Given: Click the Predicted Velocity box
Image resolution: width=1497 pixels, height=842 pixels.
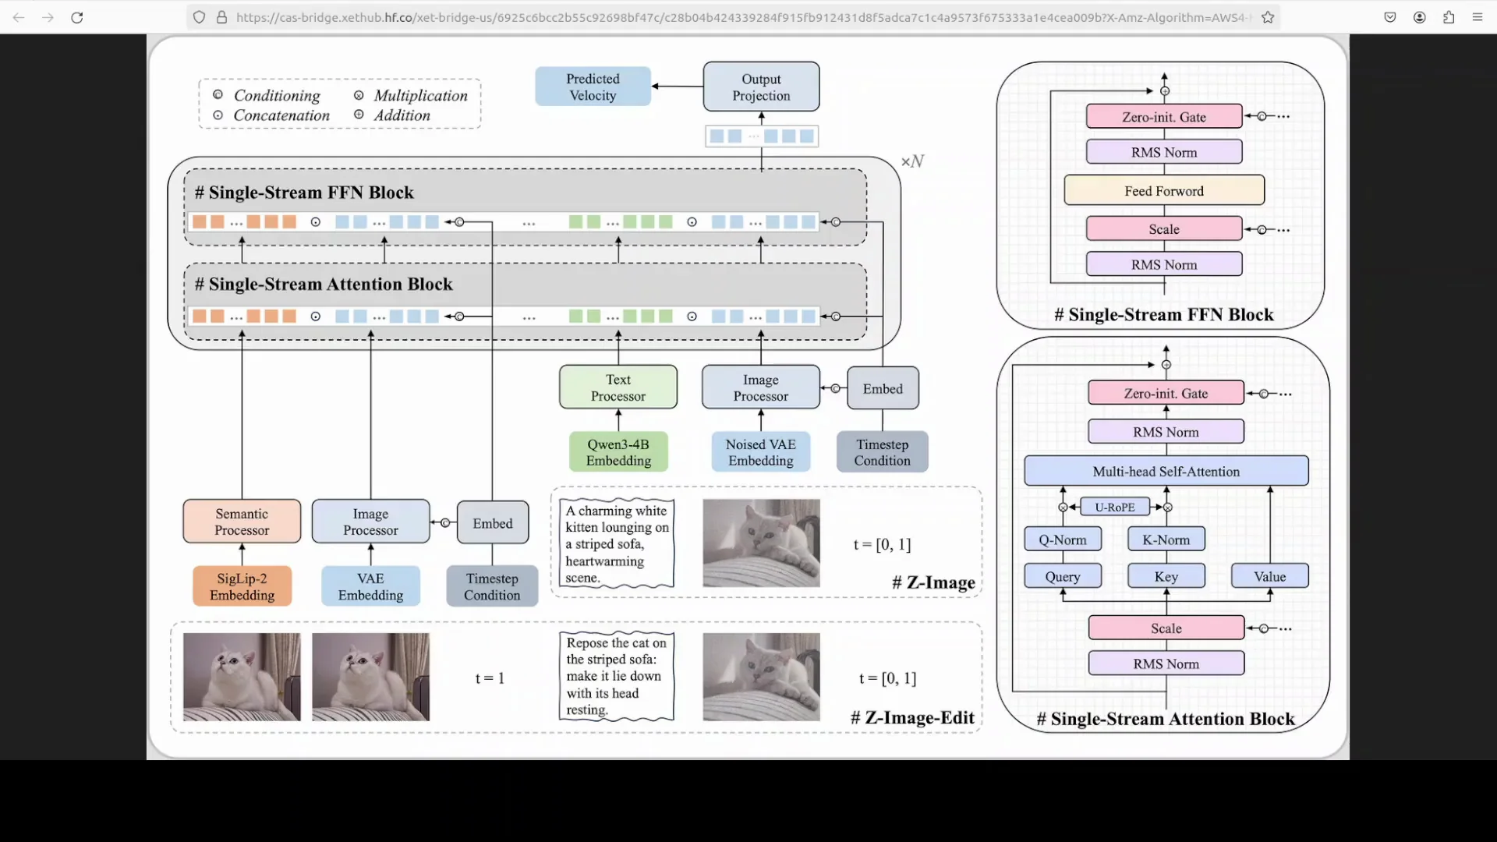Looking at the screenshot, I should [x=593, y=87].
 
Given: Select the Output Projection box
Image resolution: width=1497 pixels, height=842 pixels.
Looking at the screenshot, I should [x=761, y=87].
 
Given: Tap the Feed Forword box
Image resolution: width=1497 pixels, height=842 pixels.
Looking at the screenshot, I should [x=1163, y=191].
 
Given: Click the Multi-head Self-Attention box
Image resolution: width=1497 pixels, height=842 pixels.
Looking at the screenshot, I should [x=1166, y=471].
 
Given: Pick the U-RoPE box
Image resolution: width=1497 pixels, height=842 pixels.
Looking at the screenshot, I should [x=1114, y=507].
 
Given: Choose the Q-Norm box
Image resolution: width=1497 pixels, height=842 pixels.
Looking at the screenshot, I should [x=1062, y=540].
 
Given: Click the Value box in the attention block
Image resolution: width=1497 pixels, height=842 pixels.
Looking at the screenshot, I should [x=1269, y=576].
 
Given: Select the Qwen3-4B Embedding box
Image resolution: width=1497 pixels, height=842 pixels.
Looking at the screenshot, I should [x=618, y=452].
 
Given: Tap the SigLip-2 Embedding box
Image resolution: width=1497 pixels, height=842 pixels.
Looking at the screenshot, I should [x=242, y=586].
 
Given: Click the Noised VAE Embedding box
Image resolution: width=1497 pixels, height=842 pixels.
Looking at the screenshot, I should [x=760, y=452].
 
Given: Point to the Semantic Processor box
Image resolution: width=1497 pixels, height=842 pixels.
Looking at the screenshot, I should [x=242, y=522].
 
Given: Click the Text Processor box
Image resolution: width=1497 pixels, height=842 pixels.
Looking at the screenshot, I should [x=618, y=387].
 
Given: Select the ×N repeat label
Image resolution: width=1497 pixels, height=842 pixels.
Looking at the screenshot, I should [x=912, y=161].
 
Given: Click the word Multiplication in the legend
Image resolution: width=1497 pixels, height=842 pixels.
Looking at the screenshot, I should [x=420, y=95].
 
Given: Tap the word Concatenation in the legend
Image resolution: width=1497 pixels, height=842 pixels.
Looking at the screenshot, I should [x=281, y=115].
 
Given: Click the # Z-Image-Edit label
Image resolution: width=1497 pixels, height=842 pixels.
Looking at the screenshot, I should [x=912, y=717].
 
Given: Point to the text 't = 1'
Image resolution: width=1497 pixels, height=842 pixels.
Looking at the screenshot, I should [x=490, y=678].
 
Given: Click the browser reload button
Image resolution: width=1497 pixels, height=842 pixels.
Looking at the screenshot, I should [x=76, y=17].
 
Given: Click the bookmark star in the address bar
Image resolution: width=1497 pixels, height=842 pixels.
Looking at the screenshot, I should [x=1268, y=17].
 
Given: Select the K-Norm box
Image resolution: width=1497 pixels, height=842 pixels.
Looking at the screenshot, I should [x=1166, y=540].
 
